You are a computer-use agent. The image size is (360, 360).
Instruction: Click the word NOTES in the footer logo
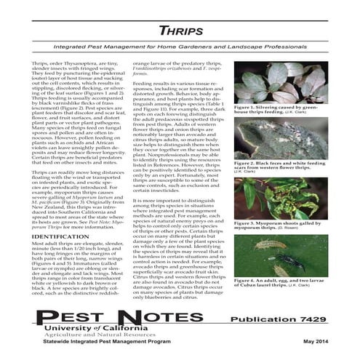point(153,317)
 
